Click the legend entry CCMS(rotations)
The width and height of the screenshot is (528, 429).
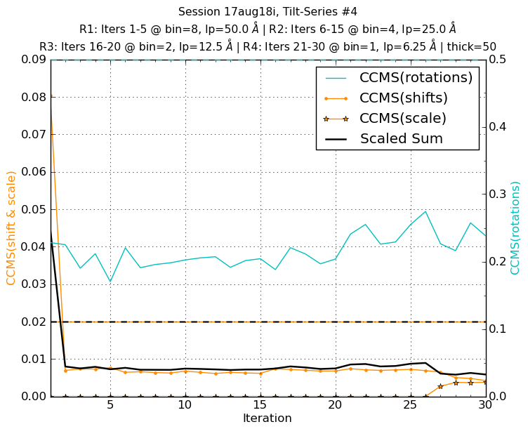pos(416,77)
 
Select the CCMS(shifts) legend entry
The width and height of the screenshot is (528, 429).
pos(403,98)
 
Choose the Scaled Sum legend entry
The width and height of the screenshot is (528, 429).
pos(401,138)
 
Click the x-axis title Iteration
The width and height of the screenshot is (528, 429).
pos(267,418)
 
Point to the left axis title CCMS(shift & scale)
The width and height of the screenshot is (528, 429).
pos(11,227)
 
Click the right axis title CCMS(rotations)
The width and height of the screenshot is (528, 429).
pos(515,227)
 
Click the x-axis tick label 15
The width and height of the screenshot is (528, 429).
pos(260,406)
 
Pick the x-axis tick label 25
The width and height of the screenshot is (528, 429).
pos(411,406)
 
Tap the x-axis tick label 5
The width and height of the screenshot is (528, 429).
pos(110,406)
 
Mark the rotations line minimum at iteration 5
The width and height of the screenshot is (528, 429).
pos(110,282)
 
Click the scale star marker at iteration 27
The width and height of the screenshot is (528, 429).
pos(440,386)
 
